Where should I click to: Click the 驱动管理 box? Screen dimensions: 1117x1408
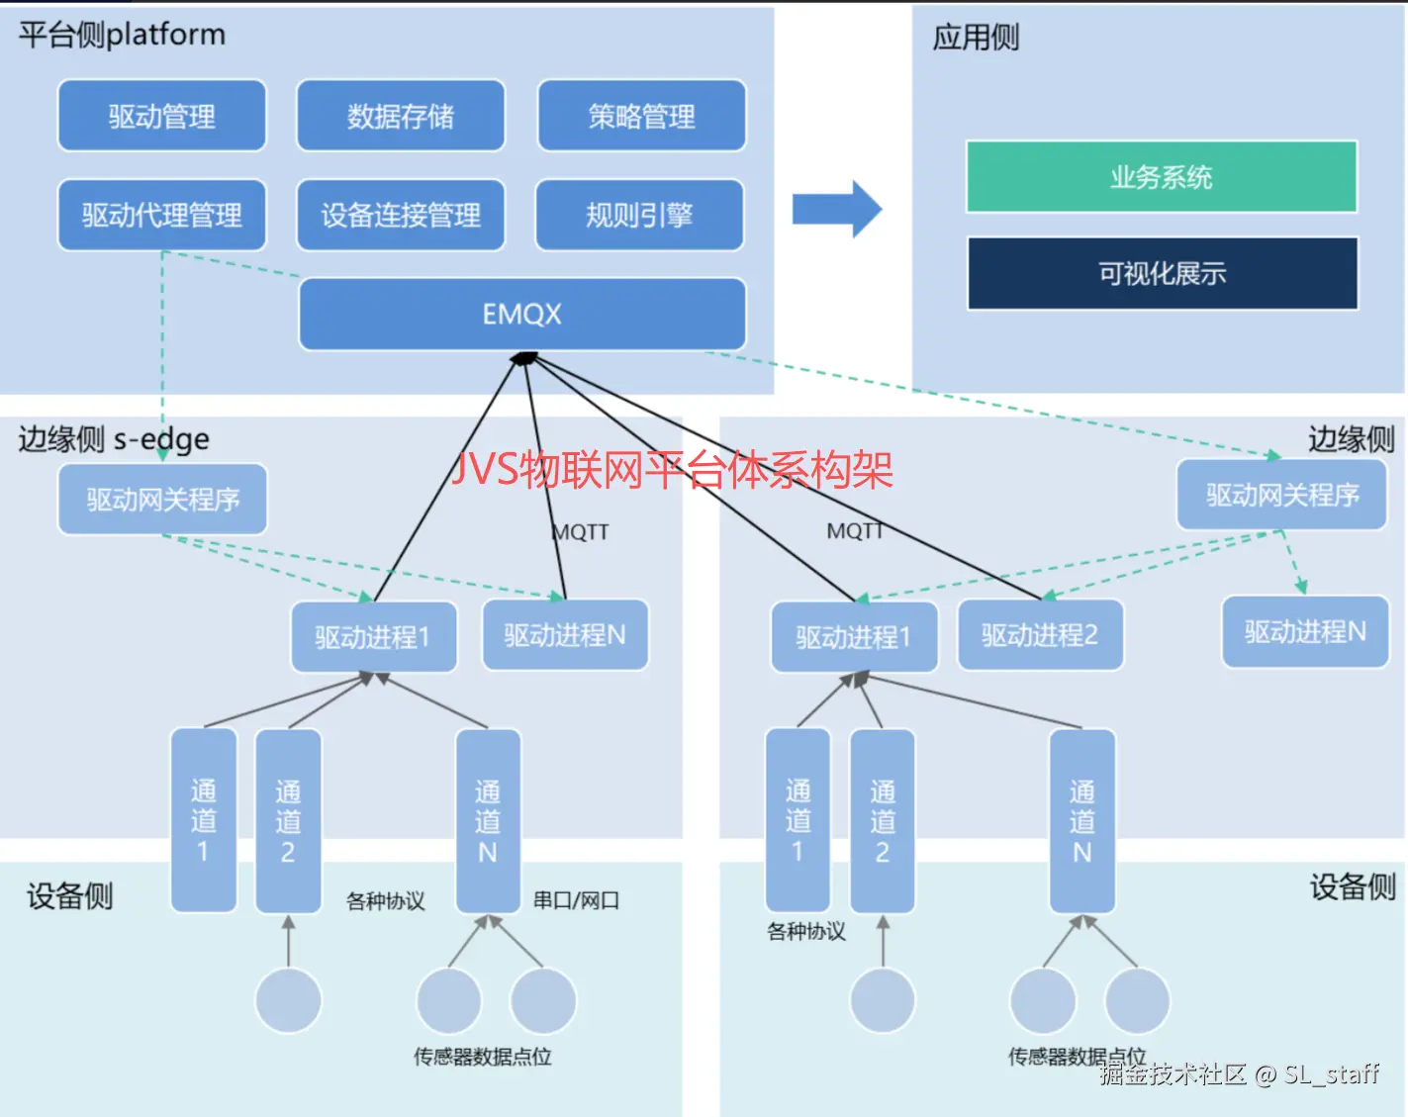[x=162, y=116]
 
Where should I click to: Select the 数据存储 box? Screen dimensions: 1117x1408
[x=401, y=116]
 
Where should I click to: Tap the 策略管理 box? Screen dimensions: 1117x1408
[x=641, y=116]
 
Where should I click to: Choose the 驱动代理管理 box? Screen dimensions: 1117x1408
[x=162, y=215]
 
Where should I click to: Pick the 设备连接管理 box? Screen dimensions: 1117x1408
[x=401, y=215]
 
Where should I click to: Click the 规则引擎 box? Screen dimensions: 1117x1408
[x=639, y=215]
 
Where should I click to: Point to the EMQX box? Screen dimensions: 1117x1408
[x=521, y=314]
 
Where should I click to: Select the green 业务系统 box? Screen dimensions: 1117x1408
[x=1162, y=177]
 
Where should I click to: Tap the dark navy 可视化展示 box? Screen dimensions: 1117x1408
[x=1163, y=273]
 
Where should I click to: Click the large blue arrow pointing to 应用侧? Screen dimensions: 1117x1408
[x=836, y=209]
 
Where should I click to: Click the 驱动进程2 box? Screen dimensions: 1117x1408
[x=1040, y=635]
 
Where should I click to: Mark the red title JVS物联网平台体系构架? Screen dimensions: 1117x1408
[x=672, y=469]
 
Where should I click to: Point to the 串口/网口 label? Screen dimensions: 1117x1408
[x=576, y=900]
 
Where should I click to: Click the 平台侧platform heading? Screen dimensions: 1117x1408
[x=122, y=35]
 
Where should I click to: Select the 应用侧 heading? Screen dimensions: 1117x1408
[x=976, y=38]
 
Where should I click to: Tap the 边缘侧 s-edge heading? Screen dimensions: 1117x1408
[x=114, y=438]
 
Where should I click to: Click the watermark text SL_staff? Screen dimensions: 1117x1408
[x=1331, y=1074]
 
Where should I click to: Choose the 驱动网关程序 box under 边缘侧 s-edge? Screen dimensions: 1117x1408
[x=162, y=500]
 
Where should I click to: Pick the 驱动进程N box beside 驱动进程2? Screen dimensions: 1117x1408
[x=1305, y=631]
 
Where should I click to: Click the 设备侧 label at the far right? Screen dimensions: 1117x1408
[x=1353, y=887]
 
